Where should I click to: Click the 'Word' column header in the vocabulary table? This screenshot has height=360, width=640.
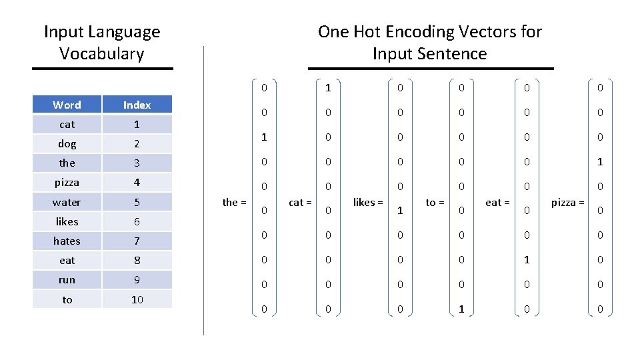pyautogui.click(x=67, y=105)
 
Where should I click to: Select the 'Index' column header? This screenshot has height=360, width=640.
pyautogui.click(x=137, y=105)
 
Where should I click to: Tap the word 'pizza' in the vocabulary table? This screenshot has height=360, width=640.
pyautogui.click(x=67, y=182)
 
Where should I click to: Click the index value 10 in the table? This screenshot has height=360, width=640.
pyautogui.click(x=137, y=299)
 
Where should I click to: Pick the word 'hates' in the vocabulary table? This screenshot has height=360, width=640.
pyautogui.click(x=67, y=241)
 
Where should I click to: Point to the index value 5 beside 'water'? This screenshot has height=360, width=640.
pyautogui.click(x=137, y=202)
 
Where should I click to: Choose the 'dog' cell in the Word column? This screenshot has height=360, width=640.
pyautogui.click(x=67, y=143)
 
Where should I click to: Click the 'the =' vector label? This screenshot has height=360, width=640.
pyautogui.click(x=234, y=202)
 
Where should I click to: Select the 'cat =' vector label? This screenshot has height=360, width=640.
pyautogui.click(x=301, y=202)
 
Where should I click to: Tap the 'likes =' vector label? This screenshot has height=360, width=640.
pyautogui.click(x=368, y=202)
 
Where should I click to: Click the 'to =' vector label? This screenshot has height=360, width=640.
pyautogui.click(x=435, y=202)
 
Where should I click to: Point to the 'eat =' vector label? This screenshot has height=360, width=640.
pyautogui.click(x=497, y=202)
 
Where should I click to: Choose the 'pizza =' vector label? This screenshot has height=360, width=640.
pyautogui.click(x=567, y=202)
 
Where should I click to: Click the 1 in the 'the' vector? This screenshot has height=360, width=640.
pyautogui.click(x=264, y=137)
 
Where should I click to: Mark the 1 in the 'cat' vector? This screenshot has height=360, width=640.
pyautogui.click(x=328, y=87)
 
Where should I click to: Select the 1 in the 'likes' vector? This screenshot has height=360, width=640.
pyautogui.click(x=400, y=211)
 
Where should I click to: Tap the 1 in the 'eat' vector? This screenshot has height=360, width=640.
pyautogui.click(x=527, y=259)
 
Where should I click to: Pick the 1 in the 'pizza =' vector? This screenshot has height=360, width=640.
pyautogui.click(x=600, y=162)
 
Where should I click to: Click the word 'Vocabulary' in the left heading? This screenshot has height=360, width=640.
pyautogui.click(x=101, y=53)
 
